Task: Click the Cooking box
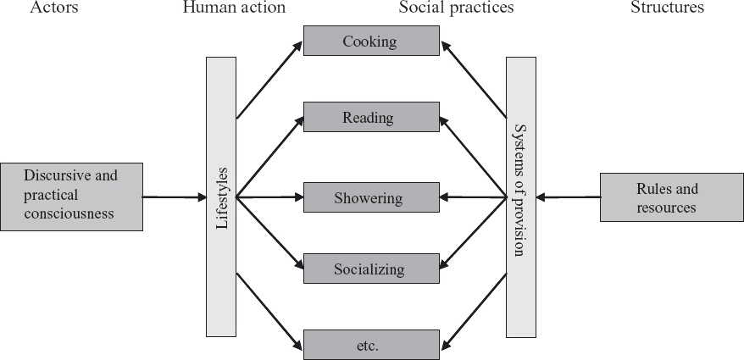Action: (371, 41)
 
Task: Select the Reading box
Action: (371, 117)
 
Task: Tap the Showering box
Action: (371, 197)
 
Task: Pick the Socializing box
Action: (371, 269)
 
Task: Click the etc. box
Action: (371, 345)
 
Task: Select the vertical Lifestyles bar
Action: (221, 197)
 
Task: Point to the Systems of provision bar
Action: (520, 197)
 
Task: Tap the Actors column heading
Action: (54, 8)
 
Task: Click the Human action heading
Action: (233, 8)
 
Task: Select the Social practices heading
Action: (457, 8)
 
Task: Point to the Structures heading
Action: (666, 8)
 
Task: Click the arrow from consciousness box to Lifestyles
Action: (174, 197)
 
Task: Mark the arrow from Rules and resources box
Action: (568, 197)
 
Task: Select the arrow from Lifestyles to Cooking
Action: (269, 79)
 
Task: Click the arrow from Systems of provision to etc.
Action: (473, 311)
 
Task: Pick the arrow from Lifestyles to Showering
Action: (269, 197)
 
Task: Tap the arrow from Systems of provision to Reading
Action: (473, 156)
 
